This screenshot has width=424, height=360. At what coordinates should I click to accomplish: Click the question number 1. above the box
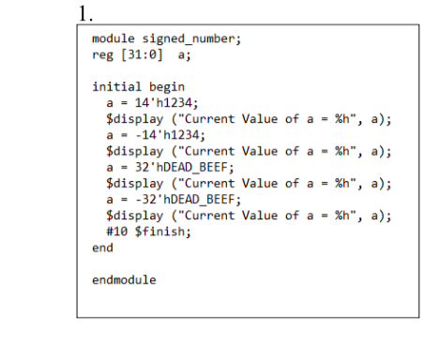pos(86,13)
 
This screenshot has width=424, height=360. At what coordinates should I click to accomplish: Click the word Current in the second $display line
pos(209,151)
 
